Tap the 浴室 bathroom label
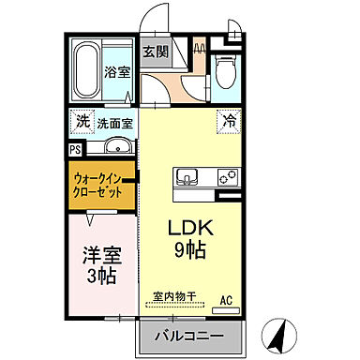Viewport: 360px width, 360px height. tap(116, 71)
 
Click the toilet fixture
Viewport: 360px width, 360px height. tap(221, 67)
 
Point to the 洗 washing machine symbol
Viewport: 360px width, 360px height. tap(82, 122)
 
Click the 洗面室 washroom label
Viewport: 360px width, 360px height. tap(115, 122)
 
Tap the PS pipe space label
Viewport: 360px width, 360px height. tap(74, 148)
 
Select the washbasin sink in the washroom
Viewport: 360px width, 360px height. tap(116, 148)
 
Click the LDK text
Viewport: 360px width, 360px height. tap(192, 229)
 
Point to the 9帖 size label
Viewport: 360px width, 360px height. tap(192, 251)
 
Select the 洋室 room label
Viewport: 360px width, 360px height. tap(101, 253)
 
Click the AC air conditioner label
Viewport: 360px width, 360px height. tap(225, 300)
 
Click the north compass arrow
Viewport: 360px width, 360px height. tap(278, 331)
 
